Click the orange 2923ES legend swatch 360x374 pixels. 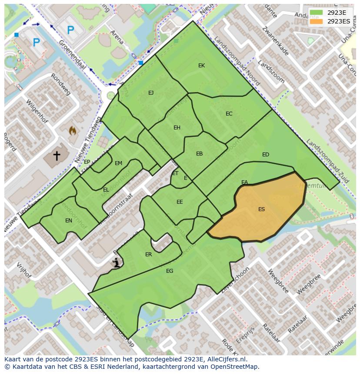(x=317, y=21)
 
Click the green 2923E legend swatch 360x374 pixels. (x=317, y=13)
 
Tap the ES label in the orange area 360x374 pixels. (x=261, y=209)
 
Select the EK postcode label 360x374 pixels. (x=201, y=66)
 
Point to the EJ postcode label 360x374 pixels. (x=151, y=93)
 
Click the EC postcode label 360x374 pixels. (x=229, y=114)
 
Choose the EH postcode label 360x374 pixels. (x=177, y=128)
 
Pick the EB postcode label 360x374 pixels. (x=199, y=154)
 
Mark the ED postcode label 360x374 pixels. (x=266, y=155)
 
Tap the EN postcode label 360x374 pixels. (x=69, y=221)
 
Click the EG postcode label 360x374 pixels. (x=170, y=271)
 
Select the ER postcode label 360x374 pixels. (x=149, y=255)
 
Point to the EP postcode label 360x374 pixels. (x=87, y=162)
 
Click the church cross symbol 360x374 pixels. (x=57, y=155)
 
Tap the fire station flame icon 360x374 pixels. (x=73, y=130)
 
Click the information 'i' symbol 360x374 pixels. (x=116, y=262)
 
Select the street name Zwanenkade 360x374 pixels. (x=276, y=41)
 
